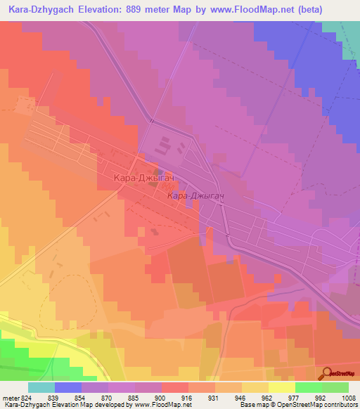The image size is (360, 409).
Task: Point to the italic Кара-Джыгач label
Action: [x=196, y=197]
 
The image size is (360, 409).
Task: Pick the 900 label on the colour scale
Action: [x=162, y=398]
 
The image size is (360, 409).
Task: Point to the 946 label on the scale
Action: [x=241, y=398]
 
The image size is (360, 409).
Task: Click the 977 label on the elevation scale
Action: [x=295, y=398]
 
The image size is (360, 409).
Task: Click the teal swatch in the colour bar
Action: [x=41, y=387]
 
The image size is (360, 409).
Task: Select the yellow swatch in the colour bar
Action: [x=281, y=387]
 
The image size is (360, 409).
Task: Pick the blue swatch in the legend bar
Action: [x=68, y=387]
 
